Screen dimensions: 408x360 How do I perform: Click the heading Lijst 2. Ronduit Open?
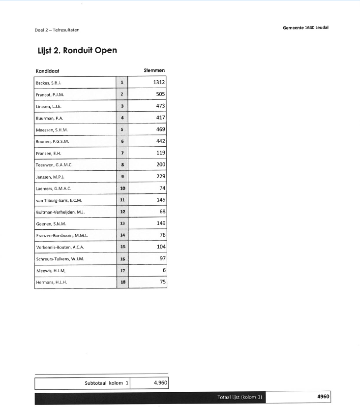77,50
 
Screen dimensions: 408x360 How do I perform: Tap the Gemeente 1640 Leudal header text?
305,28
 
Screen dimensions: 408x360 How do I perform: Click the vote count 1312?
159,82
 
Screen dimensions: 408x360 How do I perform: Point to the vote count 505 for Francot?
160,94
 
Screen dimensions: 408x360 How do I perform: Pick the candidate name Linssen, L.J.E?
49,106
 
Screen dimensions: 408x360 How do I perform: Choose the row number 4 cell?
122,118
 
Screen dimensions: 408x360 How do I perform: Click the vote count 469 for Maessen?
160,129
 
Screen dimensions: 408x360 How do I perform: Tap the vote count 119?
160,153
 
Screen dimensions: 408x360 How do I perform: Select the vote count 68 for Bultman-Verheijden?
162,212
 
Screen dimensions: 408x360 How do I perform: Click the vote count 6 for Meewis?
164,271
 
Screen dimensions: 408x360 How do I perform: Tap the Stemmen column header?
154,70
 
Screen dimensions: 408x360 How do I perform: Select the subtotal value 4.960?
157,382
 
